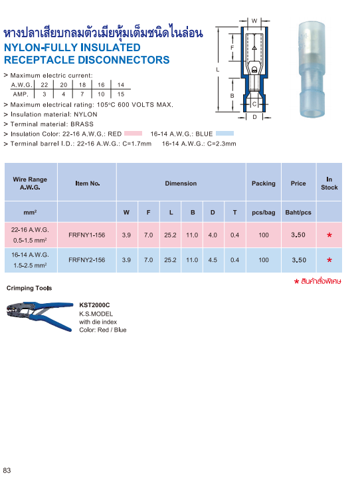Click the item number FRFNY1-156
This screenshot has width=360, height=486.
pyautogui.click(x=87, y=235)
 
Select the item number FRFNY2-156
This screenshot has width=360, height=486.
pyautogui.click(x=87, y=260)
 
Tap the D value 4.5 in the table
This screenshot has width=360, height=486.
pyautogui.click(x=213, y=260)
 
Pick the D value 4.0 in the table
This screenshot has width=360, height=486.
pyautogui.click(x=213, y=235)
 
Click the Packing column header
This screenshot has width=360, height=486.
pyautogui.click(x=264, y=183)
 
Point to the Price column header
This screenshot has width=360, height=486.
pyautogui.click(x=298, y=183)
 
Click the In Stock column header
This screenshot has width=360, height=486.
pyautogui.click(x=329, y=183)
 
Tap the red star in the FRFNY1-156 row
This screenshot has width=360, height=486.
pyautogui.click(x=329, y=236)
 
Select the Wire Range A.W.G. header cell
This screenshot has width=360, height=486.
pyautogui.click(x=31, y=183)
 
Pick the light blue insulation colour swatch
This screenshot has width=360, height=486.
pyautogui.click(x=225, y=134)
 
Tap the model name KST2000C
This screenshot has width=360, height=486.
pyautogui.click(x=94, y=305)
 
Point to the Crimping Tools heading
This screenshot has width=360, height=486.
pyautogui.click(x=29, y=289)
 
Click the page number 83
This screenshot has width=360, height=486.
pyautogui.click(x=7, y=471)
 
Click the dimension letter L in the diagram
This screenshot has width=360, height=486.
pyautogui.click(x=218, y=69)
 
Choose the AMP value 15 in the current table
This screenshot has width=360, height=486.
pyautogui.click(x=120, y=94)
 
